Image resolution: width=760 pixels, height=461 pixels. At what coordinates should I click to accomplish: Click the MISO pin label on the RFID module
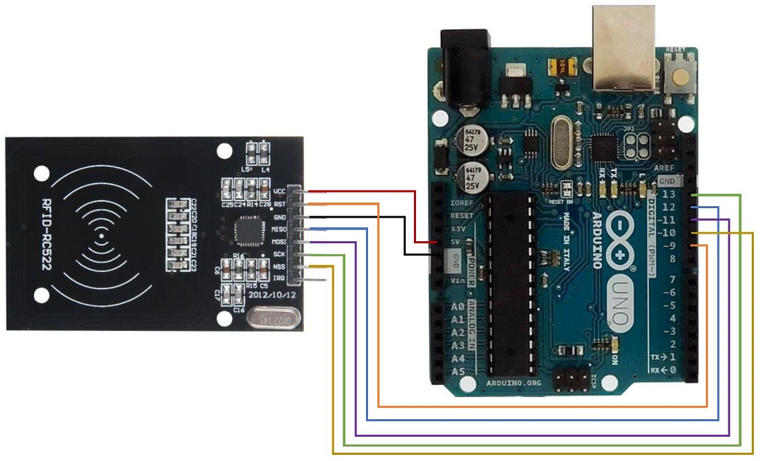click(279, 229)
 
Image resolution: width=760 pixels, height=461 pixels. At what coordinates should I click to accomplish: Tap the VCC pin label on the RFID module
click(279, 191)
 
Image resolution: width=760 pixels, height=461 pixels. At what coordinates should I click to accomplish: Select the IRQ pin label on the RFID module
click(279, 278)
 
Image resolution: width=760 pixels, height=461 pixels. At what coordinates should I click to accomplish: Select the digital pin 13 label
click(669, 194)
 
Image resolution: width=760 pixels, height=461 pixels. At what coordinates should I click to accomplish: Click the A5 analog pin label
click(459, 372)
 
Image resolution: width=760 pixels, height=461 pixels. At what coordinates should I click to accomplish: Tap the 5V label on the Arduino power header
click(455, 242)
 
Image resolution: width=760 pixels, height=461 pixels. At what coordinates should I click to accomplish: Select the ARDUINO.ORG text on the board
click(514, 381)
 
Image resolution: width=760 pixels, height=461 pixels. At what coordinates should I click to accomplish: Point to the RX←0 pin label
click(664, 370)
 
